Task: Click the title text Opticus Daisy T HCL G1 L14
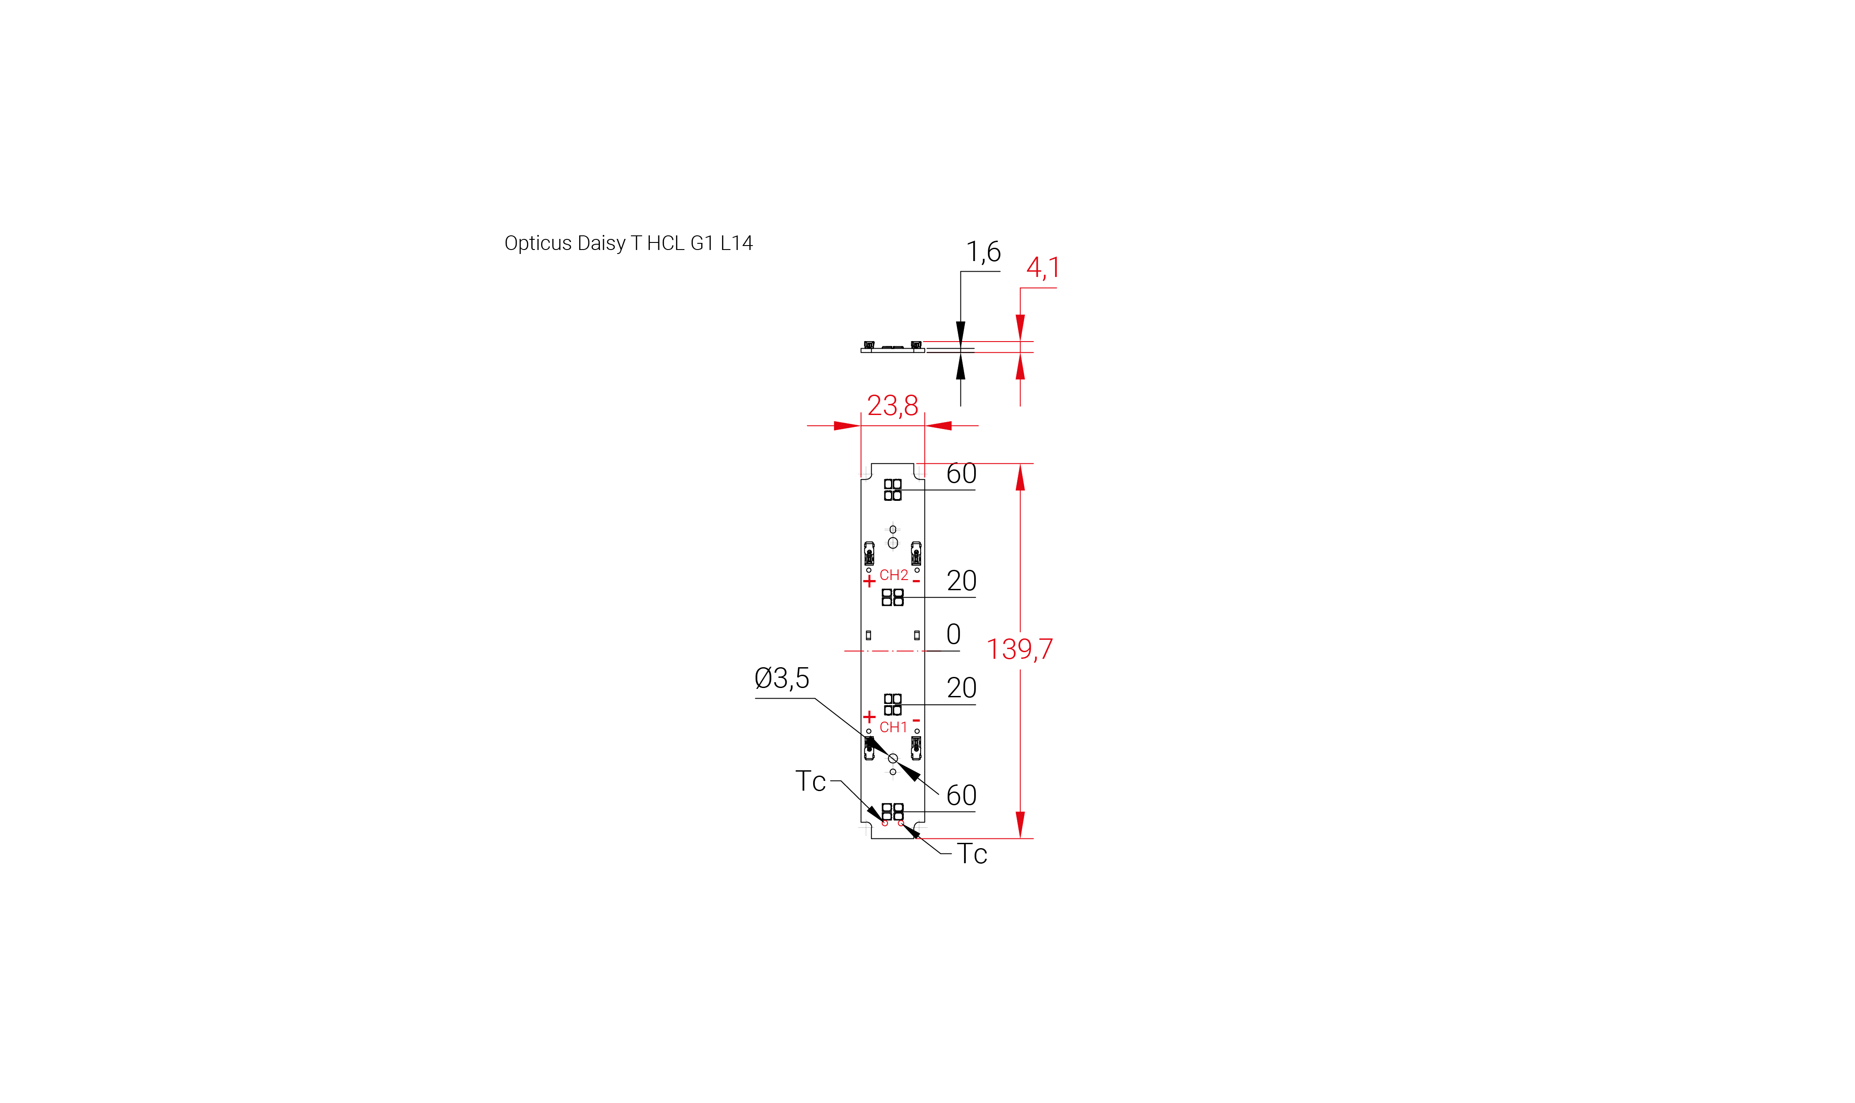pyautogui.click(x=628, y=243)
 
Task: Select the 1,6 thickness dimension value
pyautogui.click(x=983, y=252)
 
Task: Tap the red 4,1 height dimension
pyautogui.click(x=1043, y=268)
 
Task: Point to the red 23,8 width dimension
pyautogui.click(x=893, y=406)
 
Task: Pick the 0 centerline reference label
pyautogui.click(x=953, y=634)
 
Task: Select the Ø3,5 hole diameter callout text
pyautogui.click(x=782, y=678)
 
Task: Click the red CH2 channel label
pyautogui.click(x=893, y=575)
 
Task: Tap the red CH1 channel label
pyautogui.click(x=893, y=727)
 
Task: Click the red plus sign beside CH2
pyautogui.click(x=869, y=581)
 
